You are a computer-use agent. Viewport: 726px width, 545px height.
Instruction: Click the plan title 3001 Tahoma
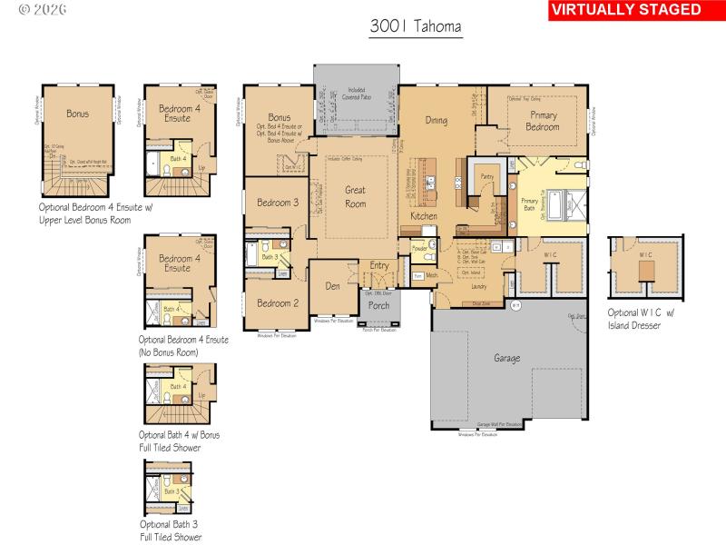point(416,27)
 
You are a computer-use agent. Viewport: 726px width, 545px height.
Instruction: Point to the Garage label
point(506,359)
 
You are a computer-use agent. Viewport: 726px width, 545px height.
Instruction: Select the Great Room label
point(355,197)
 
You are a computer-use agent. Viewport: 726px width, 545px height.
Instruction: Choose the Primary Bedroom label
point(544,121)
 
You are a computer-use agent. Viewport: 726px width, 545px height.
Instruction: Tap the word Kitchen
point(424,217)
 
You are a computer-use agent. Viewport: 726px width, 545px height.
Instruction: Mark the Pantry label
point(486,178)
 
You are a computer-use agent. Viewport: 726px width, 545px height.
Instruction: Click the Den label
point(333,285)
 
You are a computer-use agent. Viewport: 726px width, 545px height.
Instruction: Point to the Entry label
point(378,265)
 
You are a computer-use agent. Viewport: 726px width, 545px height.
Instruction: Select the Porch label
point(378,305)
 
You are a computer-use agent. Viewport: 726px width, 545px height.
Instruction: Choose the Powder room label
point(419,248)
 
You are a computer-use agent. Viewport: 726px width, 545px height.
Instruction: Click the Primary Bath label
point(529,203)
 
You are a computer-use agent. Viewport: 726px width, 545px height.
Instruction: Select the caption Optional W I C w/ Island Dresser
point(644,319)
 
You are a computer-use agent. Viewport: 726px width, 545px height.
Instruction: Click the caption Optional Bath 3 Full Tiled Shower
point(171,530)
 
